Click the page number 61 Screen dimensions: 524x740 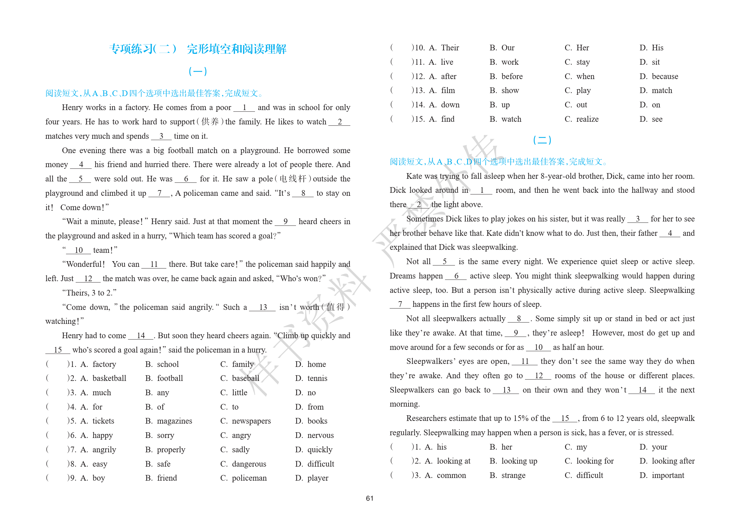[369, 498]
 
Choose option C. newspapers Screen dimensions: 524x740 [246, 421]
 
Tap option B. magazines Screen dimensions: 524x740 [169, 421]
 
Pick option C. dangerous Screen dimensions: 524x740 [243, 464]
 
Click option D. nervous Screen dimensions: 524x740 [314, 435]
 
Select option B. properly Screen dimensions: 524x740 [165, 450]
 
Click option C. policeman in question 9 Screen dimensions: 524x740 [243, 478]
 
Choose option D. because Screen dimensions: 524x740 [659, 76]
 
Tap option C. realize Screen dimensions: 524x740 [582, 119]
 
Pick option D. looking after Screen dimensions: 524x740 [667, 461]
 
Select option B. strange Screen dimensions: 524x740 [508, 475]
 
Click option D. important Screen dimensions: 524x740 [662, 475]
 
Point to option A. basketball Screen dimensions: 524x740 [103, 378]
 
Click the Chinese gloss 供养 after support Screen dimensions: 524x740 [210, 122]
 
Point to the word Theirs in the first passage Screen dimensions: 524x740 [77, 293]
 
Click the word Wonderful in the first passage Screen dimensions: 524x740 [84, 264]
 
